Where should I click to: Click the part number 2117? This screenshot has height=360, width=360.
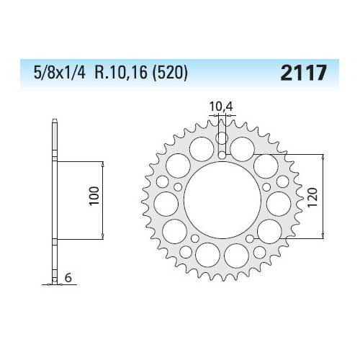tap(305, 73)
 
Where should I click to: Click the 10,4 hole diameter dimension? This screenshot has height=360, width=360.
tap(221, 108)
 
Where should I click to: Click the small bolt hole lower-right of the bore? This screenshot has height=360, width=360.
tap(248, 236)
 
